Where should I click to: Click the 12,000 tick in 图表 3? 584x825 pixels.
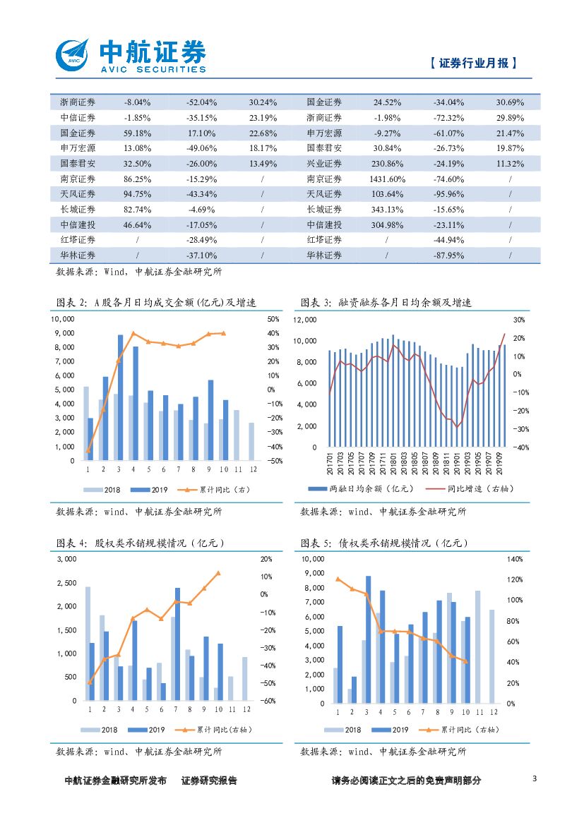pyautogui.click(x=305, y=320)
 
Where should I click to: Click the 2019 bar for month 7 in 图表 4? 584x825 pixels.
pyautogui.click(x=177, y=644)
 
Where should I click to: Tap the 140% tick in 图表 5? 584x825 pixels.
pyautogui.click(x=515, y=559)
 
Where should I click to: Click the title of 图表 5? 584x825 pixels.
pyautogui.click(x=384, y=543)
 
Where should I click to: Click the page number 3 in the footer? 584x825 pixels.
pyautogui.click(x=534, y=779)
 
